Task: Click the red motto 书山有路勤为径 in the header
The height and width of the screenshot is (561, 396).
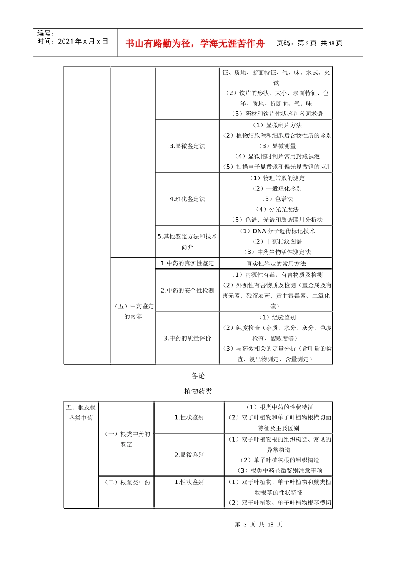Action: click(195, 43)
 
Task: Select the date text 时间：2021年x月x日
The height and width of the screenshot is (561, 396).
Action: click(73, 41)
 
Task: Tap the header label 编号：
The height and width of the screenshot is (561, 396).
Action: click(46, 33)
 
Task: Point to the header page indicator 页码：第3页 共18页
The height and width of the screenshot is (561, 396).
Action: click(309, 43)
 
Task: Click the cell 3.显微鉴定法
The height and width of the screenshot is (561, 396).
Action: click(187, 146)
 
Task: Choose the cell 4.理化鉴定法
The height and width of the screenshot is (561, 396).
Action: click(187, 199)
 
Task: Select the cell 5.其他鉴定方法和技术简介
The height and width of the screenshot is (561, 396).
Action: click(187, 242)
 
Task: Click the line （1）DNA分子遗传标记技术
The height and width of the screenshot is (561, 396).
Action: click(276, 231)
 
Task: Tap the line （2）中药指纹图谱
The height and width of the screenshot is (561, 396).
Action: click(276, 242)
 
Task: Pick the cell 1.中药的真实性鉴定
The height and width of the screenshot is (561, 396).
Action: click(187, 263)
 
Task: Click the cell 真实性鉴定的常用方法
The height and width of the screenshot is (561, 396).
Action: click(276, 264)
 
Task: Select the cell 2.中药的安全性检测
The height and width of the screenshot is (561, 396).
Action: click(187, 291)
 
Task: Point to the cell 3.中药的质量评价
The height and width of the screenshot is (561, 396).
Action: click(187, 338)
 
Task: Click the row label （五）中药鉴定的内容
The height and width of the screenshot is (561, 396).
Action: click(133, 311)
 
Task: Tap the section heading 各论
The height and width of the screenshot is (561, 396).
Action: click(198, 376)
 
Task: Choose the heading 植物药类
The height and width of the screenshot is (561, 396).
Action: click(198, 391)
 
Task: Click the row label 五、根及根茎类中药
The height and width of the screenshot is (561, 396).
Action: click(81, 412)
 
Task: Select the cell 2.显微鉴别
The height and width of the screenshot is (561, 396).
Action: click(189, 455)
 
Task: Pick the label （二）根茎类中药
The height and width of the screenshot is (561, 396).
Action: click(126, 482)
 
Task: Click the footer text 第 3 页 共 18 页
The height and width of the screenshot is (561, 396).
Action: click(258, 524)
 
